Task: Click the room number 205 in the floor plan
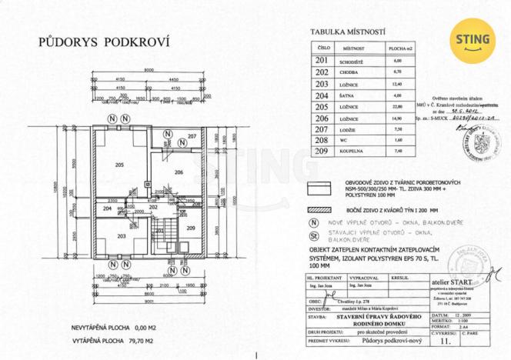click(119, 165)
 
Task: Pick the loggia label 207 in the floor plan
click(192, 136)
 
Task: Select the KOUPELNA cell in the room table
click(348, 152)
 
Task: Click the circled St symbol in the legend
click(312, 235)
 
